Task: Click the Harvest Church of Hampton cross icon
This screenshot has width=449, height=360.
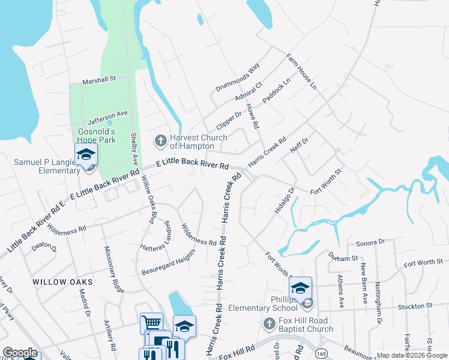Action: [160, 141]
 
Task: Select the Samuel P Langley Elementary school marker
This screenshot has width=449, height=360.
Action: [86, 155]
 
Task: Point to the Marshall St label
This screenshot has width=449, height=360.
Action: [99, 79]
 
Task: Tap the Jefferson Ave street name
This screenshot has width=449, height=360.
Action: [108, 113]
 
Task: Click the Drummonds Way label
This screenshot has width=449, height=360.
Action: [237, 77]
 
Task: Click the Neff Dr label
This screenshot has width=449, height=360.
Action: [298, 145]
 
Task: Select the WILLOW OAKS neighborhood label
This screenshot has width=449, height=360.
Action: [62, 281]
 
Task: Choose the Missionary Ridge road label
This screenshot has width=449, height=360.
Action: [114, 269]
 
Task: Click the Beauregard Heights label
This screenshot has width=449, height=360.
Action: [169, 263]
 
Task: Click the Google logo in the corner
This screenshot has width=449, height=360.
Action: [20, 353]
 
